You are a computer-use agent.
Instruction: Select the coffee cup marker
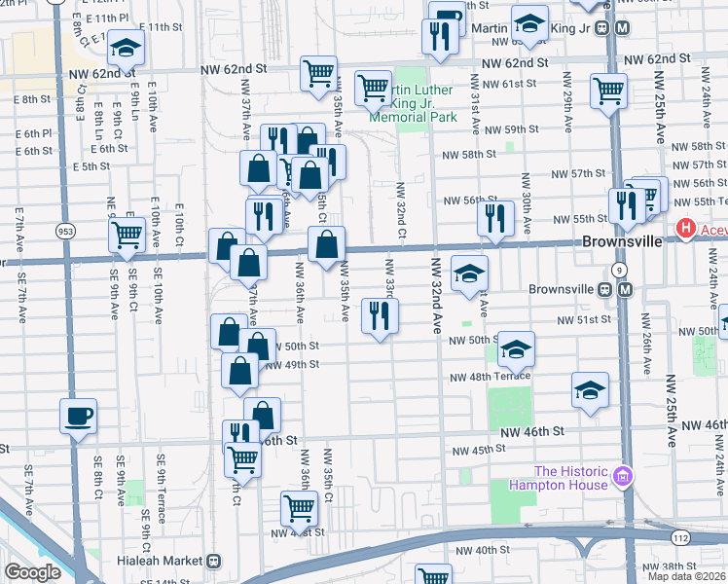coord(78,417)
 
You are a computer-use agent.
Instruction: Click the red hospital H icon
coord(686,230)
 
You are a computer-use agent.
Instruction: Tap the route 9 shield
coord(618,270)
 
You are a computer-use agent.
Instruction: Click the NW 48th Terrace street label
coord(490,377)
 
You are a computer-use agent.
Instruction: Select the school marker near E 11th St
coord(126,47)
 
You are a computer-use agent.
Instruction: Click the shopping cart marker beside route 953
coord(127,234)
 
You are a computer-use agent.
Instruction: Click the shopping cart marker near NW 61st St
coord(608,91)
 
